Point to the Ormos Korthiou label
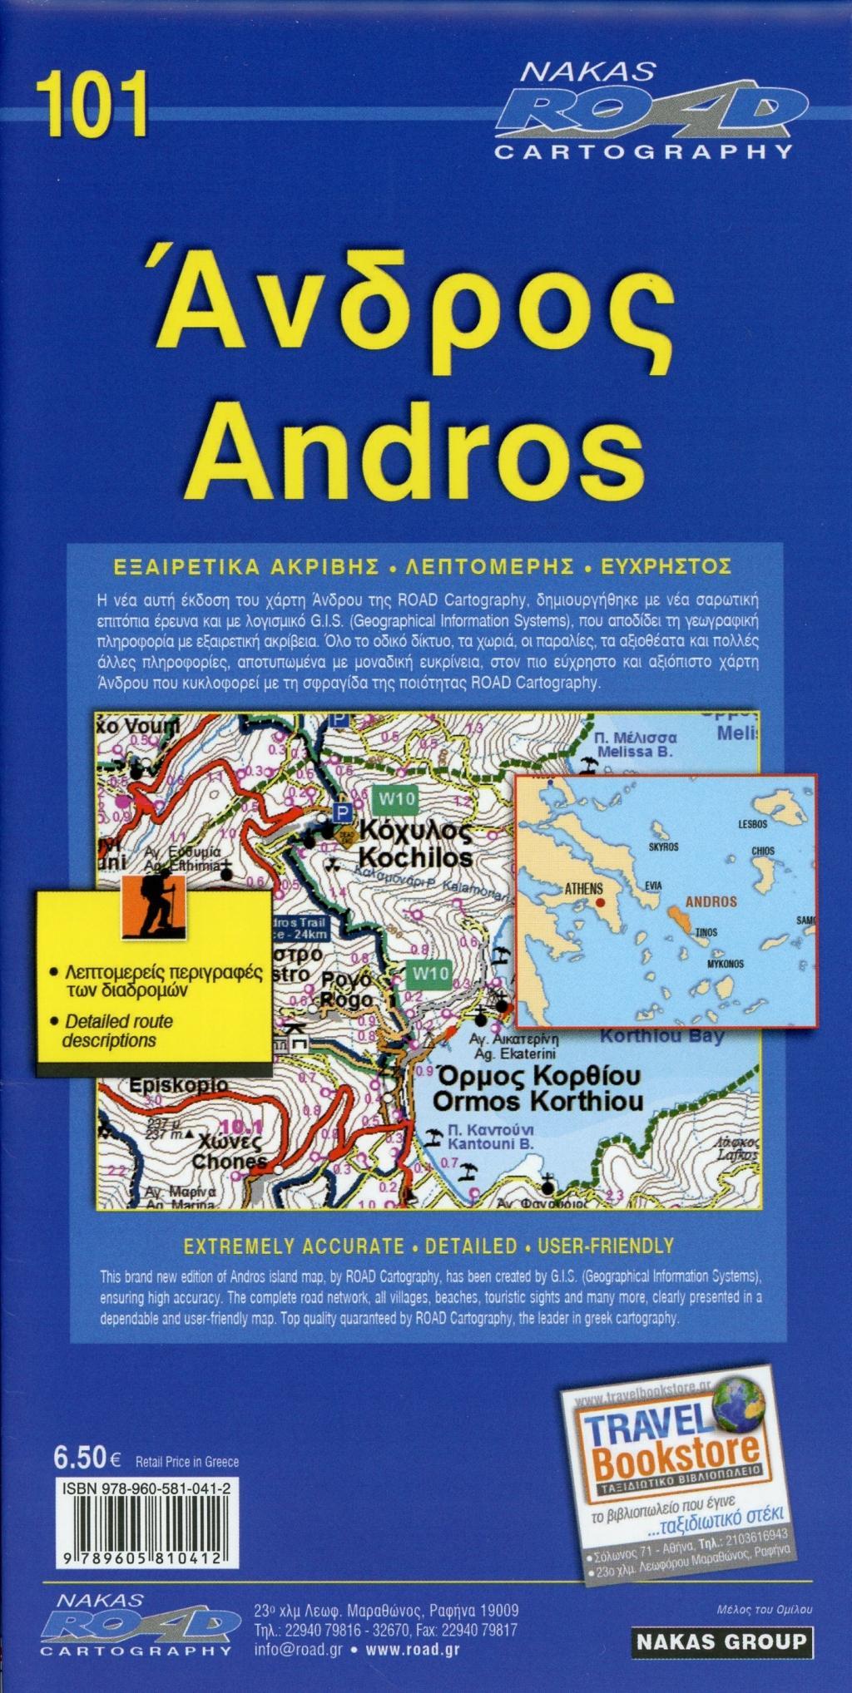click(537, 1101)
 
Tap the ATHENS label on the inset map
click(583, 889)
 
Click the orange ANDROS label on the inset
click(711, 901)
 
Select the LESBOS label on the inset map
click(752, 824)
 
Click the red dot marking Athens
click(601, 901)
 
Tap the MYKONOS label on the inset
click(725, 964)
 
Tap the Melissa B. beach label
click(635, 752)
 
